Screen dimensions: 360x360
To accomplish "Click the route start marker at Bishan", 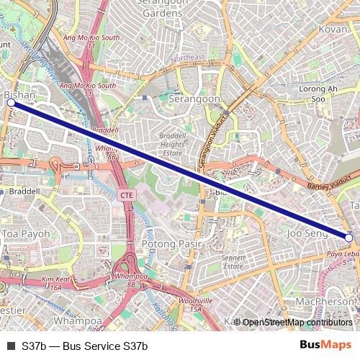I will [11, 103].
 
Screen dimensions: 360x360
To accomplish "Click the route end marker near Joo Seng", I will [348, 238].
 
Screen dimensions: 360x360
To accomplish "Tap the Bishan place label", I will [20, 94].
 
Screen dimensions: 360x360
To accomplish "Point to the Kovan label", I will [333, 30].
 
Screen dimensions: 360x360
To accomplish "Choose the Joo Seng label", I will [307, 234].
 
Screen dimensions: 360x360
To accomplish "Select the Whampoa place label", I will [78, 320].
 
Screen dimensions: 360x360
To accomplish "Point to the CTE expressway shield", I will [127, 195].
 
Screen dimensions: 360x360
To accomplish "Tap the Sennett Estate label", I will [234, 262].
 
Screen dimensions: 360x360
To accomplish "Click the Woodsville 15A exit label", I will [195, 304].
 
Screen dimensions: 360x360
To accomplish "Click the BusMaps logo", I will [325, 346].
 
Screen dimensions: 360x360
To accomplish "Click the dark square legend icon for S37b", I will [11, 346].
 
